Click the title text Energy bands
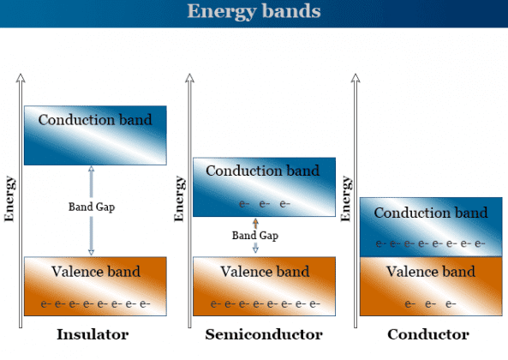click(x=254, y=12)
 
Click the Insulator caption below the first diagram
click(x=93, y=334)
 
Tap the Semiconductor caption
click(x=263, y=334)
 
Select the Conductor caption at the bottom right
click(x=428, y=334)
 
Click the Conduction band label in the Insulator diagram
click(x=95, y=120)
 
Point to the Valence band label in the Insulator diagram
click(x=95, y=272)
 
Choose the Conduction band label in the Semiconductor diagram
click(x=263, y=171)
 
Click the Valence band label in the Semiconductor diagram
click(x=263, y=272)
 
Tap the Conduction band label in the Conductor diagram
click(x=431, y=213)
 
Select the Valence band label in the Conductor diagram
click(x=431, y=272)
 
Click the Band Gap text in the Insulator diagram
click(x=92, y=207)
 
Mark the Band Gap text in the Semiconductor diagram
click(x=254, y=235)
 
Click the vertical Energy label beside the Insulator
click(x=10, y=198)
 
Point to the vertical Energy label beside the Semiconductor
click(x=179, y=198)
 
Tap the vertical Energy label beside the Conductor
click(x=346, y=198)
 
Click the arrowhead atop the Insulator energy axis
click(x=21, y=79)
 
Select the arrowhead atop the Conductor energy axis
click(x=356, y=79)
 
